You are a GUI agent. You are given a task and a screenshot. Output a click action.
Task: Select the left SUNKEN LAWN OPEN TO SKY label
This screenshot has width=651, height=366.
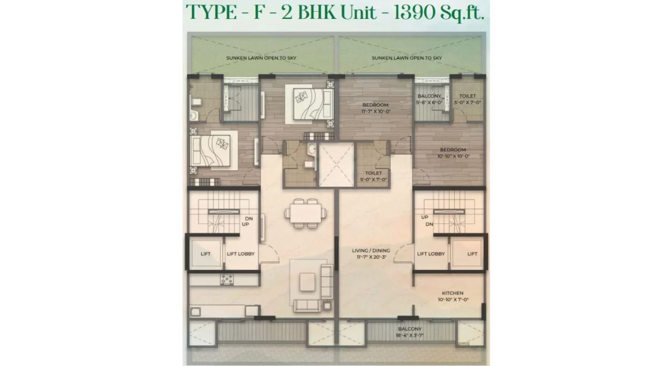click(261, 58)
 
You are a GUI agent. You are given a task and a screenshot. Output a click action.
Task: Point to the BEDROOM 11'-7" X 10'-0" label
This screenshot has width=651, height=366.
click(375, 108)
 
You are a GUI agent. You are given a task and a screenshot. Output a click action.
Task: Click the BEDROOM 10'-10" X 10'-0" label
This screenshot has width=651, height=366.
click(453, 152)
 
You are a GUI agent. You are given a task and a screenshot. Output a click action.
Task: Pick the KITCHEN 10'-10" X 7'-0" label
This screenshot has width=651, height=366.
click(453, 296)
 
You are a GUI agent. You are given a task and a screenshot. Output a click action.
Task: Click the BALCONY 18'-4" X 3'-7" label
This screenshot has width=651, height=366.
click(409, 332)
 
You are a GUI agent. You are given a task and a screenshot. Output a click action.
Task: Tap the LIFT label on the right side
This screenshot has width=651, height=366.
click(472, 254)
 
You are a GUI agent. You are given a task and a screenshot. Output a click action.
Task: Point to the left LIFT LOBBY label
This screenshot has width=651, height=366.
click(241, 254)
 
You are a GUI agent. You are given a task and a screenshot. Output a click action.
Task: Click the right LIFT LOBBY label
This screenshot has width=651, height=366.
click(431, 254)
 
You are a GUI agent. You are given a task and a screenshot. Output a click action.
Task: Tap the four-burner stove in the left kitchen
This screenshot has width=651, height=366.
click(227, 279)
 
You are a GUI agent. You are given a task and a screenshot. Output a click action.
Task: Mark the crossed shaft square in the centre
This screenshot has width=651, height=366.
click(336, 165)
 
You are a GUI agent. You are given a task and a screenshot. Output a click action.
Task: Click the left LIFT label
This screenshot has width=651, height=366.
click(205, 254)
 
